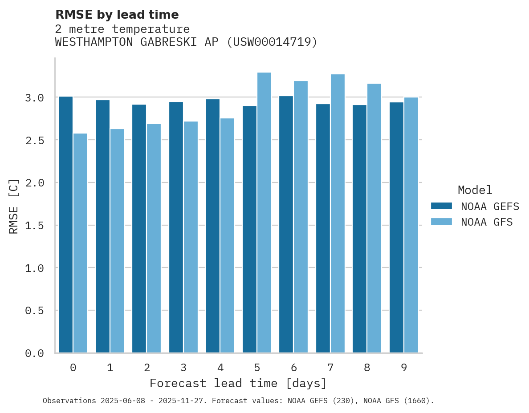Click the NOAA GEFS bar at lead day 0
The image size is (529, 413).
pos(65,225)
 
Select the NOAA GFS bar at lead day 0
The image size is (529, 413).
pos(80,243)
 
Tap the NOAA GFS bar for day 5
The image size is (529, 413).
pos(264,213)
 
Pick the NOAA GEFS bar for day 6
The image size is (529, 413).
pos(286,224)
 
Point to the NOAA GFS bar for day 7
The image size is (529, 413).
pos(338,214)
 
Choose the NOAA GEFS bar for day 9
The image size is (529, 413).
pos(396,227)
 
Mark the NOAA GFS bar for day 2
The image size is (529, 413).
pos(154,238)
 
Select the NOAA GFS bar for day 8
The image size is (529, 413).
pos(374,218)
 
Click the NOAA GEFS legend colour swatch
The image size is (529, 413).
pos(441,206)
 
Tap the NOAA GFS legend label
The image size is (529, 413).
pos(487,222)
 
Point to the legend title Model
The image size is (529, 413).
pos(475,190)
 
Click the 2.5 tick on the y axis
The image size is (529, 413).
pos(34,140)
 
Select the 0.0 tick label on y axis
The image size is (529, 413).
pos(34,353)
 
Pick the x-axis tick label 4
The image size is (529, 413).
pos(220,368)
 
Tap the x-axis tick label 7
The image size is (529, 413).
pos(330,368)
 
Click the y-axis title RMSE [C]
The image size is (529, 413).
pos(14,206)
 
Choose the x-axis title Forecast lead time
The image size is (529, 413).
pos(238,383)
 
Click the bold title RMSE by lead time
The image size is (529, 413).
pos(117,15)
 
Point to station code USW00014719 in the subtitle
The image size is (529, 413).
pos(272,42)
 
